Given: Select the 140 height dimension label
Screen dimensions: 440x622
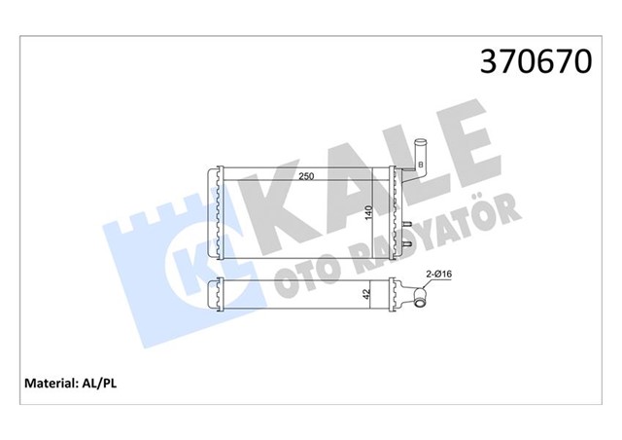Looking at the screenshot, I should [x=368, y=217].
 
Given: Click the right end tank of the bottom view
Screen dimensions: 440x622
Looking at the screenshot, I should [x=396, y=295].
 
